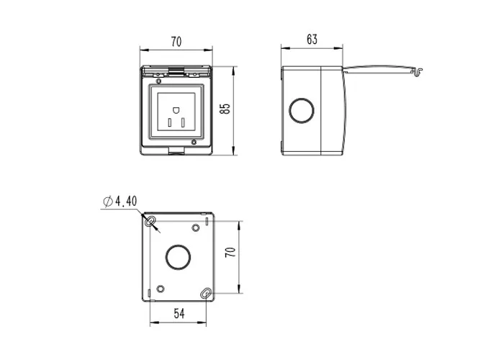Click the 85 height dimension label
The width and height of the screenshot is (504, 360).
(x=225, y=109)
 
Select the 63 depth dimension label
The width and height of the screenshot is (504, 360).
(x=312, y=39)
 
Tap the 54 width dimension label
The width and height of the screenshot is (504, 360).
(x=179, y=313)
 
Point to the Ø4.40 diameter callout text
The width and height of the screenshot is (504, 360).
(x=120, y=201)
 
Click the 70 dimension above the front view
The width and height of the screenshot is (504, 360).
(x=176, y=42)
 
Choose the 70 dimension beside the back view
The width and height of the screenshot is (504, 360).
(x=230, y=252)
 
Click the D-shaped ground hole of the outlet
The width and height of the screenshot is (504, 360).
(x=176, y=110)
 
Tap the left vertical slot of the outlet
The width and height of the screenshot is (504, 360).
(x=169, y=122)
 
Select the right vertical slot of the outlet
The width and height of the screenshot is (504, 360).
(x=183, y=122)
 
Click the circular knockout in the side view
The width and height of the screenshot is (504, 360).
(x=301, y=110)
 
